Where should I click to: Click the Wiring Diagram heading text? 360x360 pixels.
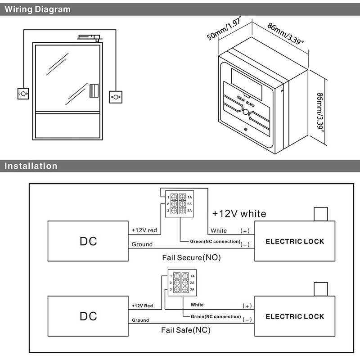coord(38,9)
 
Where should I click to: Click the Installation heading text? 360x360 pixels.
coord(31,166)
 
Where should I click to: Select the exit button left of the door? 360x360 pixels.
coord(22,93)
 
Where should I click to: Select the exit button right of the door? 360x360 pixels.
coord(116,96)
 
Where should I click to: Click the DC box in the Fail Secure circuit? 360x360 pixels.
coord(88,241)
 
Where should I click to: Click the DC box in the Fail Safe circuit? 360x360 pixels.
coord(88,316)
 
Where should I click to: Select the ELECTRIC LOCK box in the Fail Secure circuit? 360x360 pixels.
coord(295,241)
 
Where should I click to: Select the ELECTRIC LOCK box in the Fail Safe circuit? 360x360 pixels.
coord(295,316)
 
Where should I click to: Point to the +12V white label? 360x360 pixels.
coord(239,213)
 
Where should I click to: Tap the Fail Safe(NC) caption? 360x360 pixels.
coord(186,330)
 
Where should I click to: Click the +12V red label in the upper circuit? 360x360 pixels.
coord(144,230)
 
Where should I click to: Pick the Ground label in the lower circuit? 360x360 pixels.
coord(141,320)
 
